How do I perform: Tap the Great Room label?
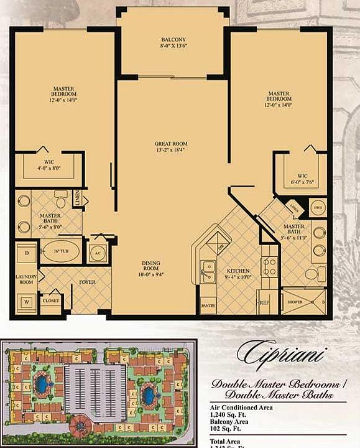[171, 147]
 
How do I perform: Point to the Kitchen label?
[238, 271]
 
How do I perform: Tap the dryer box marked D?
[27, 254]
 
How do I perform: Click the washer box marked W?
[27, 302]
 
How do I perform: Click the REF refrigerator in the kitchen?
[264, 303]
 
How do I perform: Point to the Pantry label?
[208, 306]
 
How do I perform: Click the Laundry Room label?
[27, 279]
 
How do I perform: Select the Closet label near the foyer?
[50, 301]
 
